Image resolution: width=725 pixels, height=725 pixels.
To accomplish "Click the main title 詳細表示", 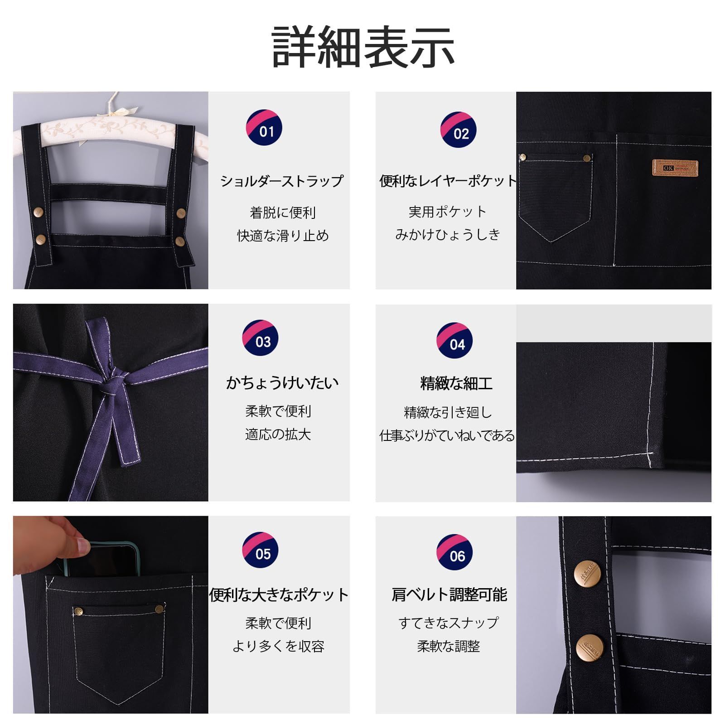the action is coord(363,47).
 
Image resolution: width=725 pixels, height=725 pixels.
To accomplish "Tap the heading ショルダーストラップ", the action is coord(282,181).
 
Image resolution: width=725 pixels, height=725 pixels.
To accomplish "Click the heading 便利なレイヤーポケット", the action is coord(448,181).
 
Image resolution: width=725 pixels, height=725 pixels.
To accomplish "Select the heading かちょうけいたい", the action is coord(282,383).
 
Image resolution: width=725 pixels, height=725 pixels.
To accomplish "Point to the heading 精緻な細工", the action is coord(456,383).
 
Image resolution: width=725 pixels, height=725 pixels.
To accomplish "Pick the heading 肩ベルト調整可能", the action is coord(449,594).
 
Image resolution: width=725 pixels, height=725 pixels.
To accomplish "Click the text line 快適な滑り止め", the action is coord(283,236).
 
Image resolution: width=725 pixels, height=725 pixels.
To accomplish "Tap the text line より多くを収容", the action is coord(278,646).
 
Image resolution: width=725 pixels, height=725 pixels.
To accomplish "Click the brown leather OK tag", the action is coord(675,168).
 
